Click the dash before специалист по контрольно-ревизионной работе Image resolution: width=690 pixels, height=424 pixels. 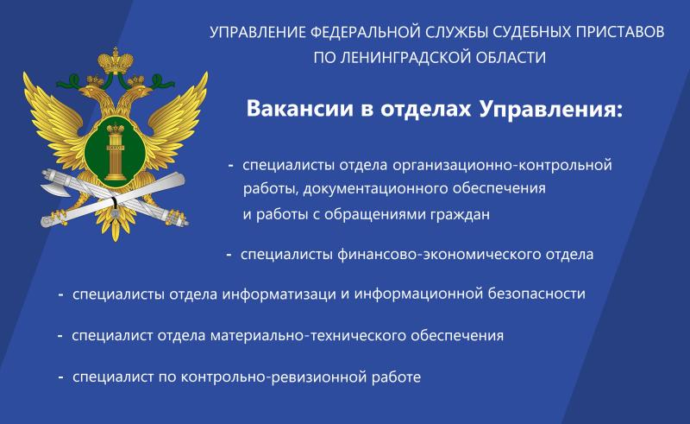pyautogui.click(x=61, y=377)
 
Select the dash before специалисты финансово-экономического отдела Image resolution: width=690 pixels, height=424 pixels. pyautogui.click(x=229, y=255)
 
